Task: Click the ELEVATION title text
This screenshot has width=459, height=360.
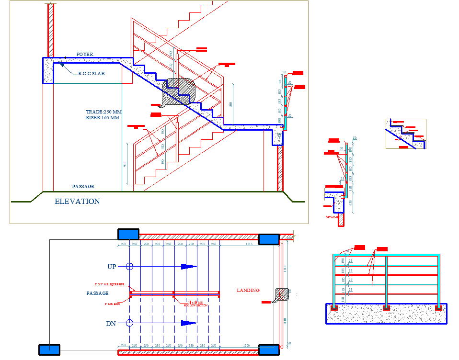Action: coord(77,202)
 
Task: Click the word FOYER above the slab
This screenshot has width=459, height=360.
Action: coord(85,55)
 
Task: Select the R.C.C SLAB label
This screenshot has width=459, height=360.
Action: coord(91,74)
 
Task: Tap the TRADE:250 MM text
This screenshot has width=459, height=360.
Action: coord(104,112)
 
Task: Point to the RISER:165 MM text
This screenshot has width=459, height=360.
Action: coord(103,117)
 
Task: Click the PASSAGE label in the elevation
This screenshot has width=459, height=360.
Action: coord(83,186)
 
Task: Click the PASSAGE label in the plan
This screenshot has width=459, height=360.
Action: coord(97,293)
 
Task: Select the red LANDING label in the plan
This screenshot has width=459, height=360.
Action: coord(248,290)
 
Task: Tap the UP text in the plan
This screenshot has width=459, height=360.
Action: coord(112,266)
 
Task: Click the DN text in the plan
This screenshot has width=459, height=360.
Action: coord(111,324)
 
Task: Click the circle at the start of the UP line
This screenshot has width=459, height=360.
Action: coord(129,266)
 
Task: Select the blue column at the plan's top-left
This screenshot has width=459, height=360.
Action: coord(128,234)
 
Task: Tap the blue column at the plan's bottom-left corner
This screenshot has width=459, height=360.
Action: coord(49,350)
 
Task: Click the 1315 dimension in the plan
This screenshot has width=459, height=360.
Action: coord(249,245)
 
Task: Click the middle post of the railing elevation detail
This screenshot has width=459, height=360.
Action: coord(386,282)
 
